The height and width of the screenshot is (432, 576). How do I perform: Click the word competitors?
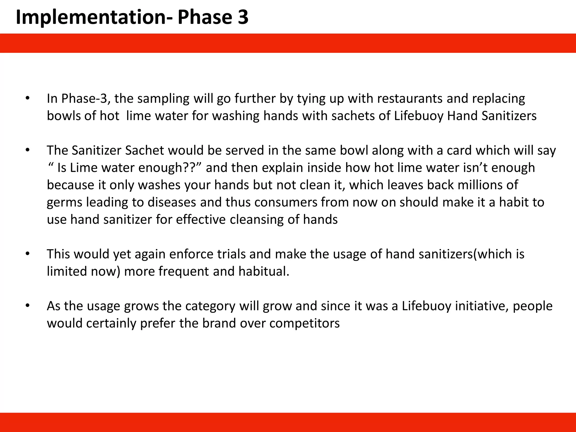pos(304,323)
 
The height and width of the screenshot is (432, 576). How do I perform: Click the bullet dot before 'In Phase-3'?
pos(27,99)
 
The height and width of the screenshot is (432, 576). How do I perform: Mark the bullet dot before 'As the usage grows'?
pos(27,306)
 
